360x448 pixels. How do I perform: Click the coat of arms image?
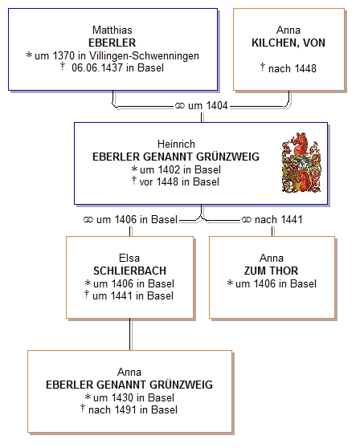pyautogui.click(x=301, y=162)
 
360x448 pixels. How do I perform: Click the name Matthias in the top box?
pyautogui.click(x=112, y=30)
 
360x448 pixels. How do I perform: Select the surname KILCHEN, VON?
pyautogui.click(x=288, y=43)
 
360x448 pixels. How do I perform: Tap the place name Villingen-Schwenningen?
pyautogui.click(x=144, y=55)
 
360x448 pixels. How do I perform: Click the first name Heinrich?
pyautogui.click(x=176, y=144)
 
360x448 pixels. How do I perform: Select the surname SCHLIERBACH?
pyautogui.click(x=130, y=271)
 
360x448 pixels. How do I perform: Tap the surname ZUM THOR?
pyautogui.click(x=271, y=271)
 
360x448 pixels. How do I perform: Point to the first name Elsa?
pyautogui.click(x=129, y=258)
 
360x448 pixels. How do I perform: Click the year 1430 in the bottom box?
pyautogui.click(x=123, y=397)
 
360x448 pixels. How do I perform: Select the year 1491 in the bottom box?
pyautogui.click(x=125, y=410)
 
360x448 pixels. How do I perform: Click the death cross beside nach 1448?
pyautogui.click(x=263, y=67)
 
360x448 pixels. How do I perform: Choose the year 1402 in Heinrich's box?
pyautogui.click(x=170, y=169)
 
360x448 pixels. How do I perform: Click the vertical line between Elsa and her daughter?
pyautogui.click(x=130, y=334)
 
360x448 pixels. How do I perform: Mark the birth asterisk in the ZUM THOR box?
pyautogui.click(x=230, y=283)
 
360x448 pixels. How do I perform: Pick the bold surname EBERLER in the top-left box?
pyautogui.click(x=112, y=43)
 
